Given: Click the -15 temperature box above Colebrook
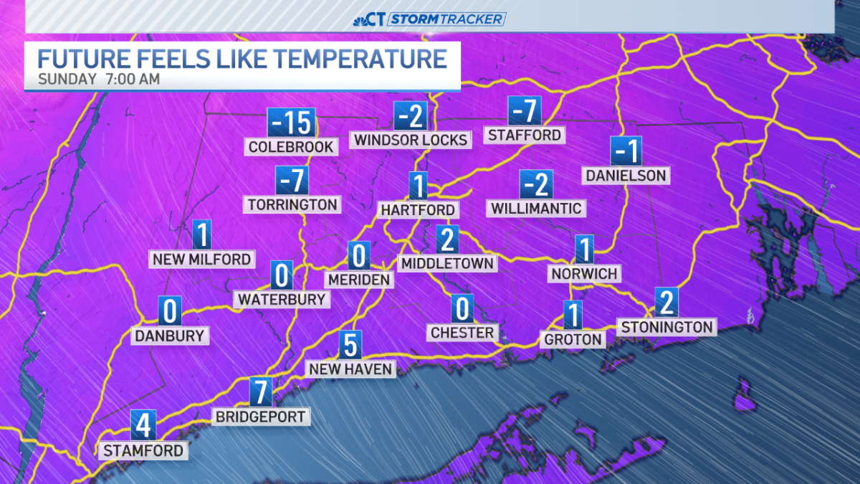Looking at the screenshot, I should tap(291, 123).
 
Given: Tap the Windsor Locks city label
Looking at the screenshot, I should tap(411, 140).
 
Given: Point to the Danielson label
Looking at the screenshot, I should tap(626, 175).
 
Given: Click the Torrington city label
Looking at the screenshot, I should tap(292, 204).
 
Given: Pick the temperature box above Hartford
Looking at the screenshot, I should tap(418, 186).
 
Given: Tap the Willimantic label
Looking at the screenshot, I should tap(536, 208).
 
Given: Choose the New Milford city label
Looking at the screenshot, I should tap(201, 259).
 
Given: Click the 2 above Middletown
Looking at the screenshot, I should tap(446, 239).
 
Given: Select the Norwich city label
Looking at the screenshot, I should tap(584, 273).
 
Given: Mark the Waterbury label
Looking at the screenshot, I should tap(282, 298).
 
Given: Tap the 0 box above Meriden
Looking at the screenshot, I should tap(358, 255).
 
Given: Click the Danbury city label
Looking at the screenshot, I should tap(170, 335).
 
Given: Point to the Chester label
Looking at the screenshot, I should tap(462, 333).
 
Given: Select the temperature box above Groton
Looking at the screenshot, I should tap(572, 315).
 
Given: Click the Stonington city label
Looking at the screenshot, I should tap(667, 327).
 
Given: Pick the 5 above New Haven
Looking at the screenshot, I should tap(350, 345).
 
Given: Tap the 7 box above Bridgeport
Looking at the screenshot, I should tap(262, 392).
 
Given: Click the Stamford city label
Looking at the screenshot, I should tap(144, 450).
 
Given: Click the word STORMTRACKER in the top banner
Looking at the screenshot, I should tap(447, 19).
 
